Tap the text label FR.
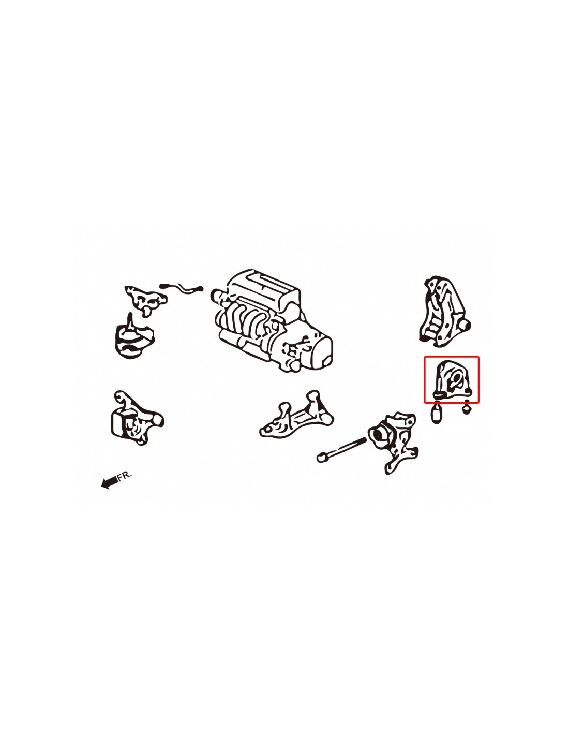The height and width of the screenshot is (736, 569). click(125, 475)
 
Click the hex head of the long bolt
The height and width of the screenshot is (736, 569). click(321, 458)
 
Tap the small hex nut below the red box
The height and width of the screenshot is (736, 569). click(467, 408)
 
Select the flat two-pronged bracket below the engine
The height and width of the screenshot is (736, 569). click(296, 415)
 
